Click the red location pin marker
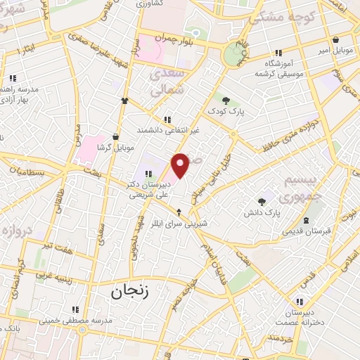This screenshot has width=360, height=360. coord(181,165)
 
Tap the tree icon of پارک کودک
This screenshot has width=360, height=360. coord(226,100)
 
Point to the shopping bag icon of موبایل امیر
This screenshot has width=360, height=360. coord(337,39)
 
